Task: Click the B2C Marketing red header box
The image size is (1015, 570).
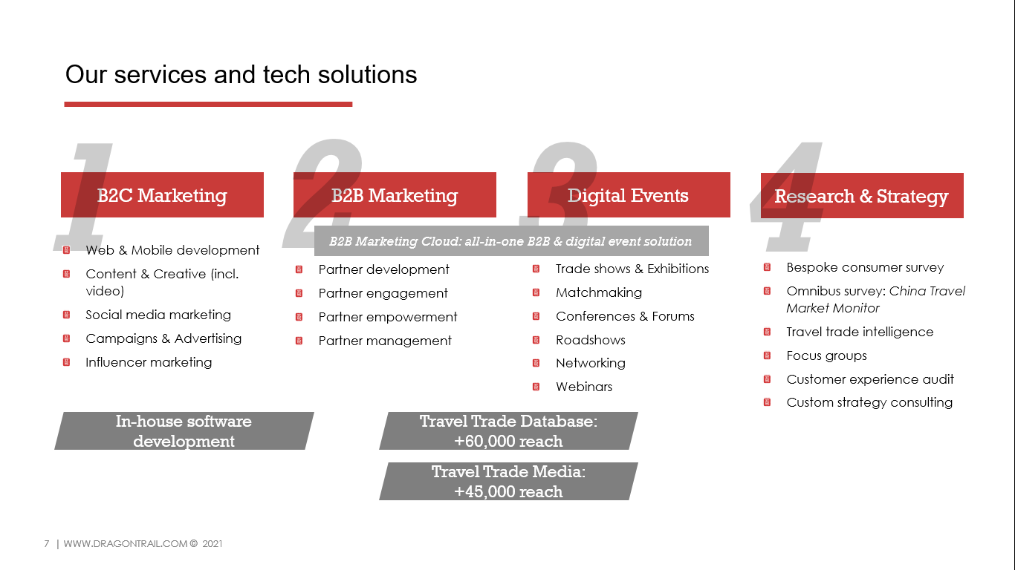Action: (162, 194)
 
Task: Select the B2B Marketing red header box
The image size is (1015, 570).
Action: (395, 194)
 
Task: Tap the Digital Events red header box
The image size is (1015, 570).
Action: (629, 194)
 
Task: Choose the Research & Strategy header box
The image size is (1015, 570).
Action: (862, 196)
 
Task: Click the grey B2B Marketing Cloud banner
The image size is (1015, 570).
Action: (511, 241)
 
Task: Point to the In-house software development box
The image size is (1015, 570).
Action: (184, 430)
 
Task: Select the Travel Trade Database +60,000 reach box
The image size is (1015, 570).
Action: (508, 430)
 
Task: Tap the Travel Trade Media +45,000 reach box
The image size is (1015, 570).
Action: (508, 481)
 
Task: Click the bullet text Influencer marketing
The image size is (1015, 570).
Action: (149, 362)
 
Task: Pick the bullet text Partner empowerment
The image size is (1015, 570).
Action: (387, 317)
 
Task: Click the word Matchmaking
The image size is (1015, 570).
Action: (599, 292)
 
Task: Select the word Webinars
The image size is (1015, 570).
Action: (583, 387)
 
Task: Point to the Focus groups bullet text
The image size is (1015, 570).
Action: (826, 356)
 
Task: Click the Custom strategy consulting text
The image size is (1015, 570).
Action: (869, 402)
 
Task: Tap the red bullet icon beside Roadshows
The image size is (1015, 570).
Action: (536, 340)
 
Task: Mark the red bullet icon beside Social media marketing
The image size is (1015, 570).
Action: (66, 315)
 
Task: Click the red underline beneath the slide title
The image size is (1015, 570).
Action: (208, 104)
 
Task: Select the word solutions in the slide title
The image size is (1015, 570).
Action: (367, 75)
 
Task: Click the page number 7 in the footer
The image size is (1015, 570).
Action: (46, 543)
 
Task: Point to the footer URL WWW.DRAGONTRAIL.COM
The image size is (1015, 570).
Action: (125, 543)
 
